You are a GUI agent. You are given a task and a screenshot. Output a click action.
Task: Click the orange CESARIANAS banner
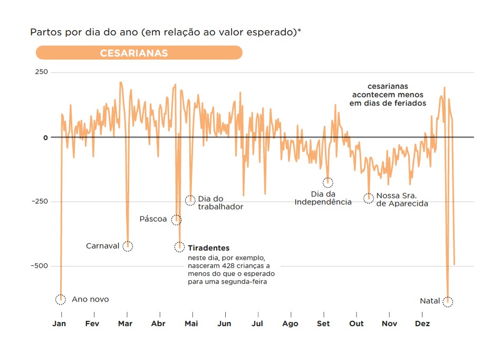click(x=139, y=53)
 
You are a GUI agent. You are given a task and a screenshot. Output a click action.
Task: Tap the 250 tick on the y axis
click(x=42, y=72)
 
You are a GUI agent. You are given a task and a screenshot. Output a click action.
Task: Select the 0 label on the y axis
click(x=45, y=137)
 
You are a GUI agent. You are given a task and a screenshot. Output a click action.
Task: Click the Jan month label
click(x=59, y=324)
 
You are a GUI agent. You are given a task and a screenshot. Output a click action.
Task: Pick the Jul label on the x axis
click(x=257, y=324)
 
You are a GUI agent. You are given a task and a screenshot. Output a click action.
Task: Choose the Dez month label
click(x=422, y=324)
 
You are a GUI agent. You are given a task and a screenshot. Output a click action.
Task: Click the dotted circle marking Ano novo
click(x=61, y=299)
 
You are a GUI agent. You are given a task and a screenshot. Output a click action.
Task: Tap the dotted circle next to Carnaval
click(x=128, y=246)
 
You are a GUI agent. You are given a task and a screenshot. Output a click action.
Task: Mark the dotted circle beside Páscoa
click(x=176, y=220)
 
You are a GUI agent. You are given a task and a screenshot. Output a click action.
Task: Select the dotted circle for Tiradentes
click(x=180, y=247)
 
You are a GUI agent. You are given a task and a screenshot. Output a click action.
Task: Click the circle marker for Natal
click(x=448, y=301)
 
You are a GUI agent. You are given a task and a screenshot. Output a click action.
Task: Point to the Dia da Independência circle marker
click(x=328, y=183)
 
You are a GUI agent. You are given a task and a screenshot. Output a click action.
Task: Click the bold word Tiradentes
click(x=209, y=248)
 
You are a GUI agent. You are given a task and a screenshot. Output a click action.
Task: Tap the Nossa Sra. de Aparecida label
click(x=401, y=200)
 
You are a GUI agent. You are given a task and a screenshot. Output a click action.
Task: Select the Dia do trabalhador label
click(x=220, y=203)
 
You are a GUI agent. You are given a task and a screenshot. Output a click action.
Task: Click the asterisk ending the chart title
click(x=300, y=31)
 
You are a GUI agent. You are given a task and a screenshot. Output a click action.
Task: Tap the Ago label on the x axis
click(x=290, y=324)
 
